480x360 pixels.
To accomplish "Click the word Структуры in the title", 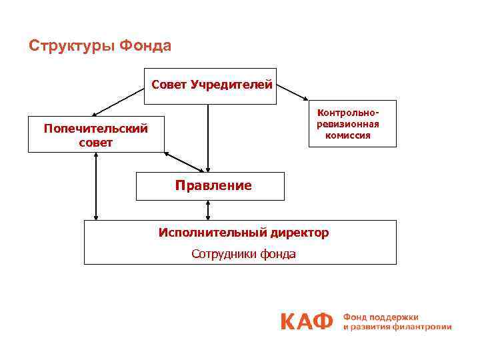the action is coord(71,46).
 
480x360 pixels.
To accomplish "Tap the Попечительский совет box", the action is coord(96,135).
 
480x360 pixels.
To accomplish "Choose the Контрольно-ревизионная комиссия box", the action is coord(352,123).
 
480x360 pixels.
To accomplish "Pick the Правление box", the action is coord(210,186).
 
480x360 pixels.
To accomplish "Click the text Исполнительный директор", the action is coord(243,233).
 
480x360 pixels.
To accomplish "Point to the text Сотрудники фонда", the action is coord(243,254).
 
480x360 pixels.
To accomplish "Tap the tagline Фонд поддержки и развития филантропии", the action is coord(397,322).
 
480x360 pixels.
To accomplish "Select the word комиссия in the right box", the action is coord(348,135).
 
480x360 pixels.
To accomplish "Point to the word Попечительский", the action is coord(96,129).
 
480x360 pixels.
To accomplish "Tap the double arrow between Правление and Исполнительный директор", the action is coord(208,210).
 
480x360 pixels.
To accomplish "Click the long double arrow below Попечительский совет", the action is coord(96,186).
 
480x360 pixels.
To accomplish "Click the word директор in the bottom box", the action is coord(299,233).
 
